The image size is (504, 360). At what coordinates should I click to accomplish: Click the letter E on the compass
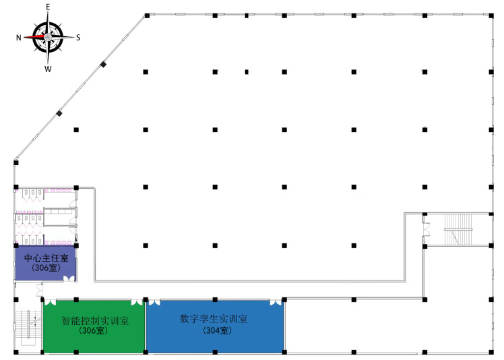pyautogui.click(x=48, y=7)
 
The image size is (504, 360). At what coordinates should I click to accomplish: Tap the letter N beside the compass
pyautogui.click(x=18, y=38)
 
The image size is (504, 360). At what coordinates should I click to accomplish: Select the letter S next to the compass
pyautogui.click(x=77, y=38)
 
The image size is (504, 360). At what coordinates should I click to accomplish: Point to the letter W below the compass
pyautogui.click(x=48, y=69)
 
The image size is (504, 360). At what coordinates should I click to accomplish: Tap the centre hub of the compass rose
pyautogui.click(x=48, y=38)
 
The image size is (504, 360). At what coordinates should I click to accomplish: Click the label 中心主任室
pyautogui.click(x=46, y=258)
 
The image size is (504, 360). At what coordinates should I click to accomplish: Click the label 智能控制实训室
pyautogui.click(x=94, y=321)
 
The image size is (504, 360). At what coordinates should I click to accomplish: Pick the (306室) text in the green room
pyautogui.click(x=94, y=331)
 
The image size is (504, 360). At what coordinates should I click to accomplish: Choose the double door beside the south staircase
pyautogui.click(x=426, y=230)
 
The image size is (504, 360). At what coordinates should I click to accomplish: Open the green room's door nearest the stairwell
pyautogui.click(x=51, y=302)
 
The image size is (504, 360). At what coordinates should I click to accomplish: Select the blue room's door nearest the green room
pyautogui.click(x=154, y=302)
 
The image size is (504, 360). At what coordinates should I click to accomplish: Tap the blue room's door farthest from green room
pyautogui.click(x=276, y=302)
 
